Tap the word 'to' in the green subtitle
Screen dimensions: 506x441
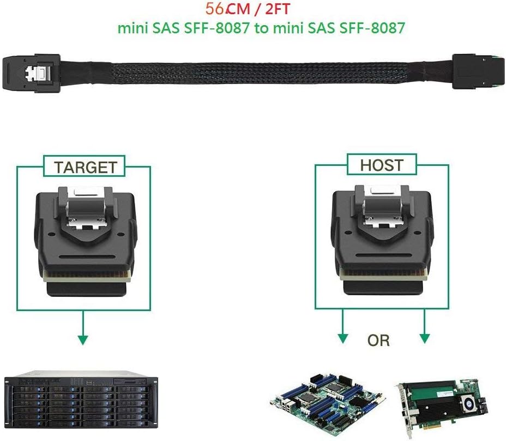[262, 28]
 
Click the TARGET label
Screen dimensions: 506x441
[85, 167]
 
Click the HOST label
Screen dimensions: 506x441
[382, 164]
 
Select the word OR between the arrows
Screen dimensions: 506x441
[378, 341]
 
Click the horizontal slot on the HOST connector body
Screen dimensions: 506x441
[382, 255]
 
